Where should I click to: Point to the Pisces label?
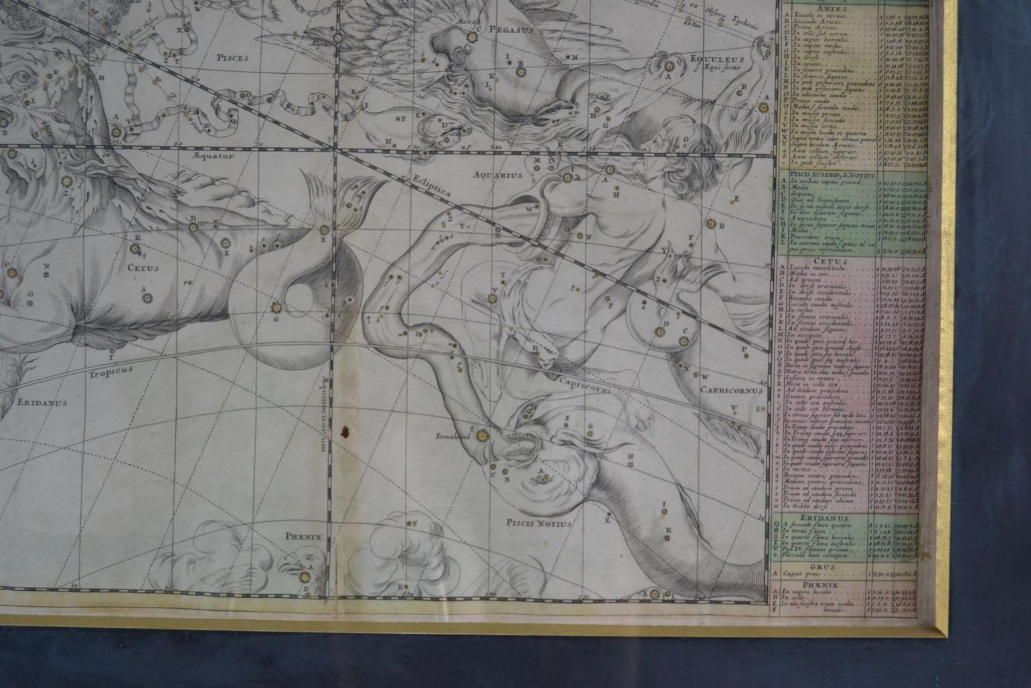click(232, 58)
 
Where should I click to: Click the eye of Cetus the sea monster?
click(23, 76)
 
